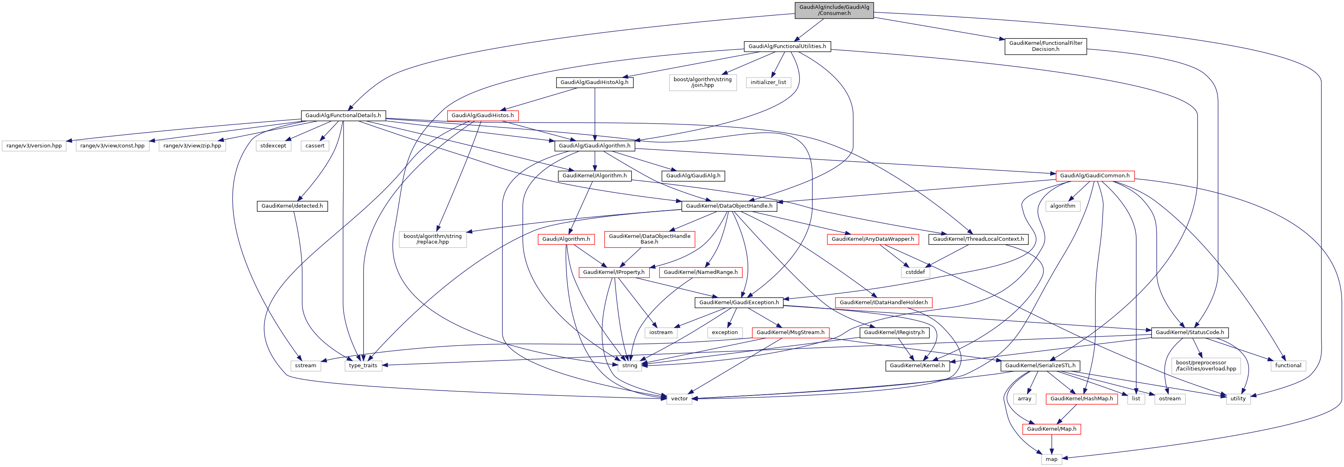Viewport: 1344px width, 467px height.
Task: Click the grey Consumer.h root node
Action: pyautogui.click(x=834, y=10)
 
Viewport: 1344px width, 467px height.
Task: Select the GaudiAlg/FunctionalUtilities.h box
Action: pyautogui.click(x=787, y=46)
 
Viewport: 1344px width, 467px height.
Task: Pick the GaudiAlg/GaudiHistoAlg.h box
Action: pyautogui.click(x=594, y=82)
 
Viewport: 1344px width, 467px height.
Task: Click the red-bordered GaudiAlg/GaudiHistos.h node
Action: pyautogui.click(x=482, y=116)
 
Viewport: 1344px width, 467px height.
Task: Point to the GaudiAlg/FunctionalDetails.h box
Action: pyautogui.click(x=343, y=116)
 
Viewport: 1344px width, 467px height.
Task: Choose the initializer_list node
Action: pyautogui.click(x=768, y=82)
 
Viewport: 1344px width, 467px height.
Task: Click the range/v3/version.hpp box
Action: pyautogui.click(x=34, y=146)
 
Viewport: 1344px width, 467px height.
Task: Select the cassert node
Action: pyautogui.click(x=314, y=146)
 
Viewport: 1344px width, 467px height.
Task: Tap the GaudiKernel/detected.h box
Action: pyautogui.click(x=292, y=206)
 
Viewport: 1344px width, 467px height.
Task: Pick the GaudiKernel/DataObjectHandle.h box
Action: pyautogui.click(x=729, y=206)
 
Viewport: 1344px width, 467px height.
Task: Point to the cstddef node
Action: pyautogui.click(x=915, y=272)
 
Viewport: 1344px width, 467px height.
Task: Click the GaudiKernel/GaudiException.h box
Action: pyautogui.click(x=739, y=303)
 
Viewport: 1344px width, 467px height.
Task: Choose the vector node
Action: pyautogui.click(x=679, y=399)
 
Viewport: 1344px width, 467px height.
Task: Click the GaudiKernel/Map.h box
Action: pyautogui.click(x=1051, y=429)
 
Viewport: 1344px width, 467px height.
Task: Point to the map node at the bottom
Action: pyautogui.click(x=1051, y=459)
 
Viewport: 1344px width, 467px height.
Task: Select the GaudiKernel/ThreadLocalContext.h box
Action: pyautogui.click(x=978, y=239)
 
